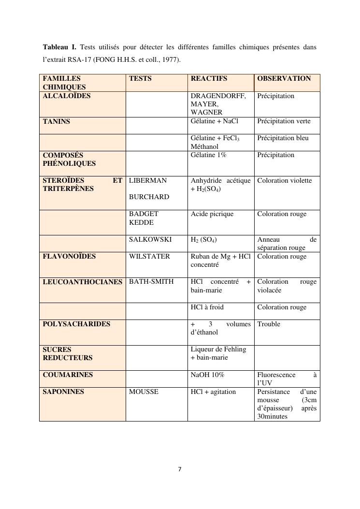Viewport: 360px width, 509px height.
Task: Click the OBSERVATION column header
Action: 284,78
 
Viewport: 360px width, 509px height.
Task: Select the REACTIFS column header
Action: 209,78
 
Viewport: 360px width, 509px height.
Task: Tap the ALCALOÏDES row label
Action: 66,96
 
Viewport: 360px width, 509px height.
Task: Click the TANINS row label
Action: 56,121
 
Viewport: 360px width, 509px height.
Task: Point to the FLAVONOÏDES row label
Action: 69,256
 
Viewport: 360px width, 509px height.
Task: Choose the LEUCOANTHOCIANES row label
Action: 82,282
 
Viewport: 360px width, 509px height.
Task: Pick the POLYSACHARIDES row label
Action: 76,324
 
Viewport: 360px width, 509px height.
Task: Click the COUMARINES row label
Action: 68,375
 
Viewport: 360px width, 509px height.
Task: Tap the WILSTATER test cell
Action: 149,256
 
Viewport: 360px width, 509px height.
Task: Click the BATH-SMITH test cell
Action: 151,282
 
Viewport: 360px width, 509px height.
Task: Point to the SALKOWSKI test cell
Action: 150,239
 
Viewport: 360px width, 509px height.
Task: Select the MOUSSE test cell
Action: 144,392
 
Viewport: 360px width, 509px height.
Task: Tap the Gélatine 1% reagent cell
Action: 209,155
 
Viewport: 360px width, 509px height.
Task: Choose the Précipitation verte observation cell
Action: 284,121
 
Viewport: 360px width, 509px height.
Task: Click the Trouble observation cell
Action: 269,324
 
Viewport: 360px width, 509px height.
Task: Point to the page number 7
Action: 180,469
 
